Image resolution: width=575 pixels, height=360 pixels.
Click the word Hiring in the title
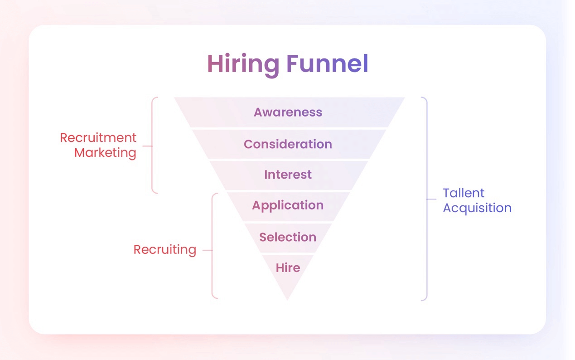click(243, 64)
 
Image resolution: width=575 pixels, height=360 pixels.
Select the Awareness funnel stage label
click(288, 112)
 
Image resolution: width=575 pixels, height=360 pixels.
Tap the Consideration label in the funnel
click(288, 144)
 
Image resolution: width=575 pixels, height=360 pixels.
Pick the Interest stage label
click(288, 175)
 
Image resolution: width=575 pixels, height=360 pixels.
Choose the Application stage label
click(288, 205)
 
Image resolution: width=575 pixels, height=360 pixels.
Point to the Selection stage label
click(288, 237)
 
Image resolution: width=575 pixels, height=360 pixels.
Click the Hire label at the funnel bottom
click(288, 268)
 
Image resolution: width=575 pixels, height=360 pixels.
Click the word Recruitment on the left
click(98, 138)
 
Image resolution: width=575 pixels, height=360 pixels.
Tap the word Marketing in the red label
click(105, 153)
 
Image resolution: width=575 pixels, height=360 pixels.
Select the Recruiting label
click(164, 250)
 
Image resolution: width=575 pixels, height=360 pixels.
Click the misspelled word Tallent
click(464, 193)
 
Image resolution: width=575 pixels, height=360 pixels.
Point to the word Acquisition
click(477, 208)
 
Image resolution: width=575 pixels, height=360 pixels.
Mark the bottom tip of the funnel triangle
click(287, 299)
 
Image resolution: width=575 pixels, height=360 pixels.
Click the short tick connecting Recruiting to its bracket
click(207, 250)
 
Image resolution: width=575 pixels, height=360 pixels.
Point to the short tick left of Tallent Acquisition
click(431, 199)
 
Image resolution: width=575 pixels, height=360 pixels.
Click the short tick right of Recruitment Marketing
click(147, 146)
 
